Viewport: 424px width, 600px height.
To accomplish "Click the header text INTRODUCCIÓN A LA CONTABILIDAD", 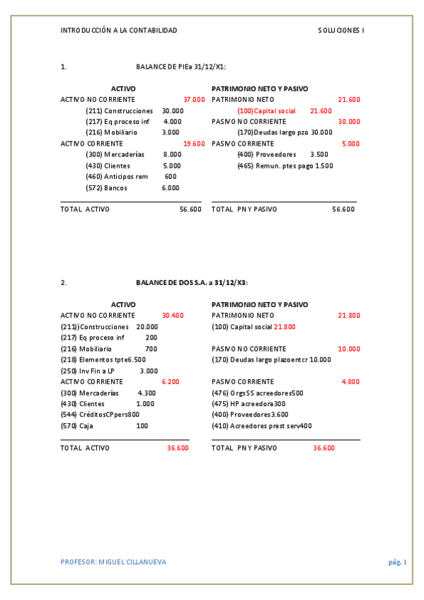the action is coord(119,30).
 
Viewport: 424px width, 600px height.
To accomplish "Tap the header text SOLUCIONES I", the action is coord(340,30).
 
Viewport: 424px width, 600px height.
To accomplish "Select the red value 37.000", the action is coord(194,100).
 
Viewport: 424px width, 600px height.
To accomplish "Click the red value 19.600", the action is coord(194,144).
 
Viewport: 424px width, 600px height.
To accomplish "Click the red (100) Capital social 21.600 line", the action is coord(285,111).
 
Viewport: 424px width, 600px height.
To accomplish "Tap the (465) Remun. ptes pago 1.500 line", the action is coord(285,166).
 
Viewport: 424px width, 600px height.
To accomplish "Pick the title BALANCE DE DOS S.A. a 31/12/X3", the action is coord(191,282).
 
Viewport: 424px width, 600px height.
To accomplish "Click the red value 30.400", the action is coord(173,316).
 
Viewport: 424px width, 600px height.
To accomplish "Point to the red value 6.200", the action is coord(171,381).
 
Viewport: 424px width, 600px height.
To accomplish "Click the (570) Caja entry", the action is coord(105,426).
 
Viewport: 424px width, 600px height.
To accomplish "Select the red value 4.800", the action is coord(350,381).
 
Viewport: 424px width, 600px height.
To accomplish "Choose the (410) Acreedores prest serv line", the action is coord(262,426).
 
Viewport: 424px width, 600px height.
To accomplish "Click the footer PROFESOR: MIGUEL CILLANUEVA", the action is coord(114,562).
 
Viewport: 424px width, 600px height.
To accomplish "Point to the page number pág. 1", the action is coord(397,562).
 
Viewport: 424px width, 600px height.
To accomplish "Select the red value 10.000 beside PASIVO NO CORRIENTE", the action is coord(349,349).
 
